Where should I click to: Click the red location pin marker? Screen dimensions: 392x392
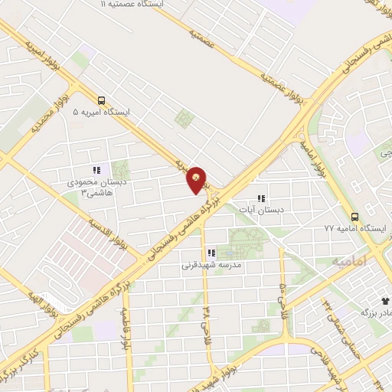[197, 180]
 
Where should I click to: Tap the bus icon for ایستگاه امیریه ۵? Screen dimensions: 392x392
[102, 100]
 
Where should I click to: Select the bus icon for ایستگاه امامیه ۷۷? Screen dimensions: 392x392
[354, 217]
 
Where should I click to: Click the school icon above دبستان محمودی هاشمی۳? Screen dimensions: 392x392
[96, 171]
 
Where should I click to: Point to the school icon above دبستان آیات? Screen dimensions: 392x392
[260, 198]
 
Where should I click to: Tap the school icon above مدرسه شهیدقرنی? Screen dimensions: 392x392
[211, 253]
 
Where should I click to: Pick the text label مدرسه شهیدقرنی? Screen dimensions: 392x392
[211, 266]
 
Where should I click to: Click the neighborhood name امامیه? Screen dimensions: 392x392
[351, 261]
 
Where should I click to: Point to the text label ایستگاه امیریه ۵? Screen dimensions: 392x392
[101, 112]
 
